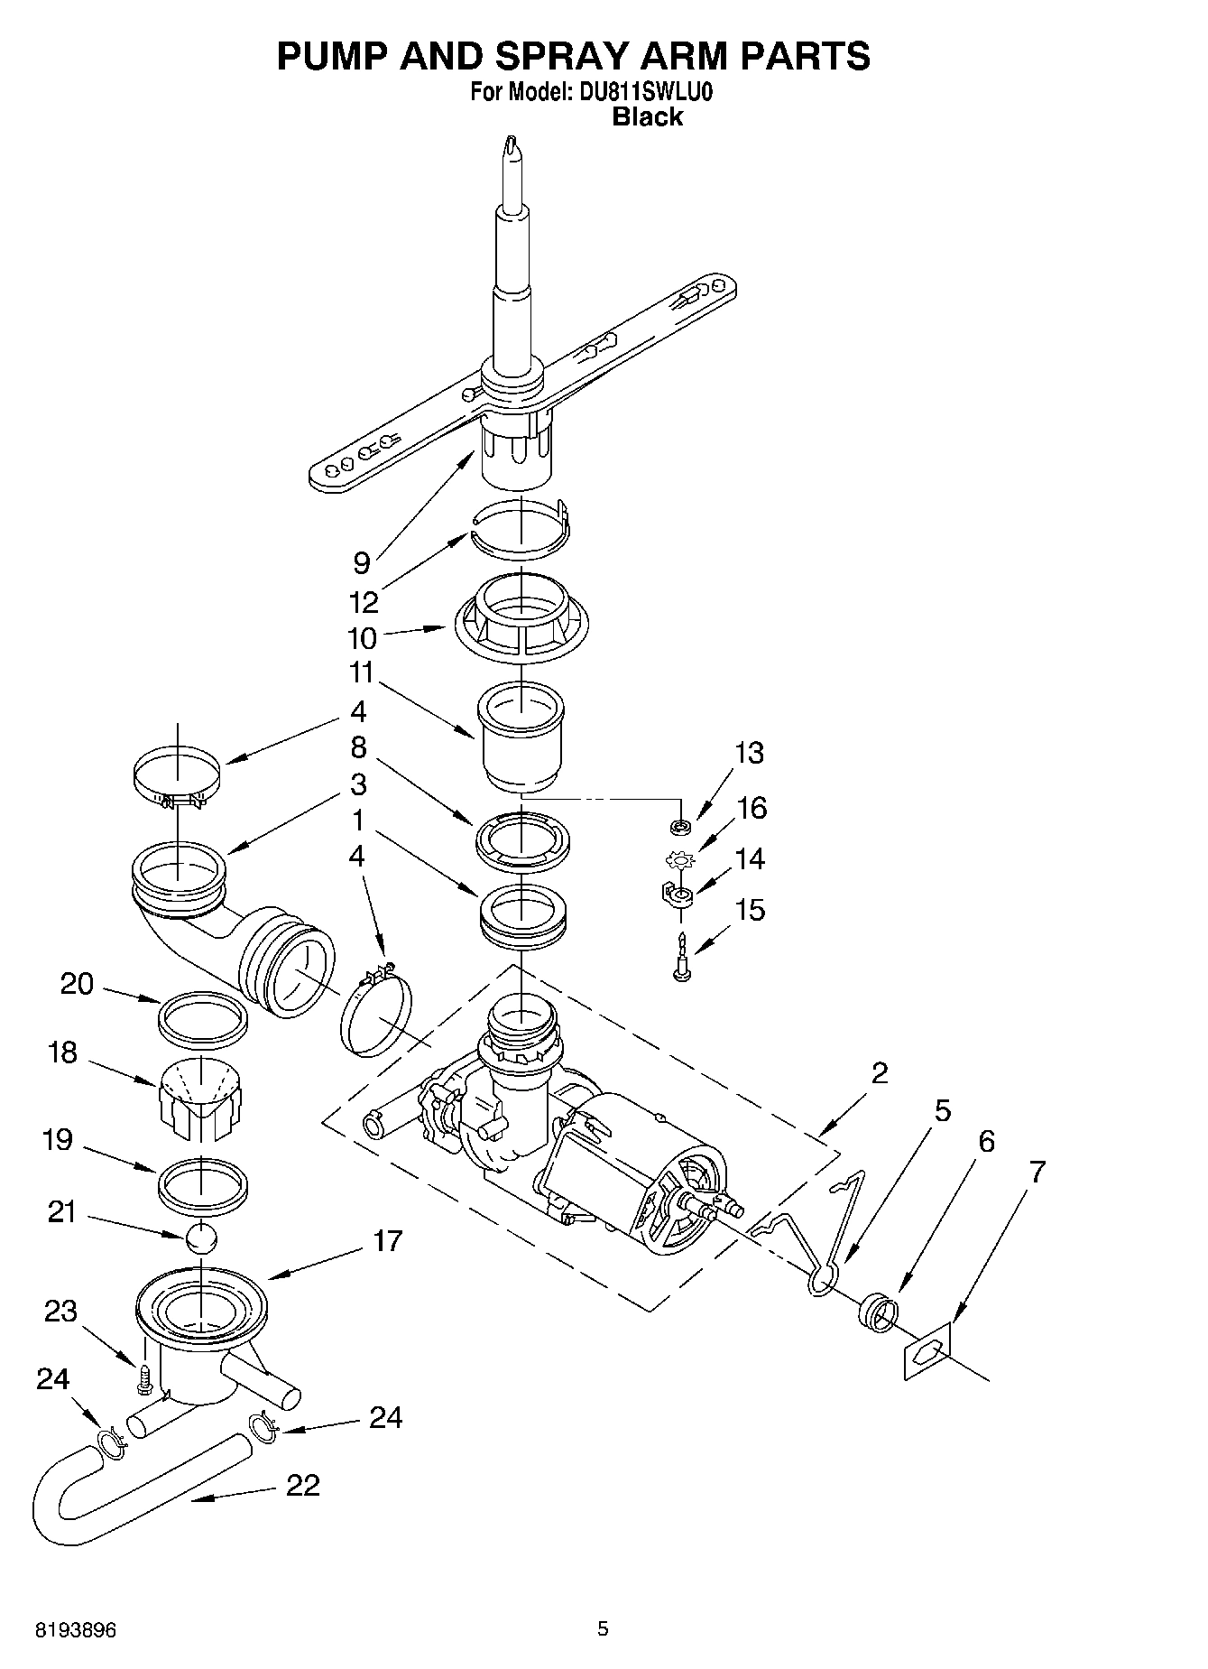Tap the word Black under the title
click(x=648, y=116)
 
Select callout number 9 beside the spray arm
click(x=361, y=563)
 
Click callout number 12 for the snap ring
click(x=364, y=601)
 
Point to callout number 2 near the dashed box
click(x=879, y=1072)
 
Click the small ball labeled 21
click(x=202, y=1238)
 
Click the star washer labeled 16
click(x=682, y=858)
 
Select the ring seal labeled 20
click(x=202, y=1017)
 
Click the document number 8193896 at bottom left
click(x=76, y=1630)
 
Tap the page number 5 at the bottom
click(x=604, y=1628)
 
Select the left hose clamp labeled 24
click(x=110, y=1442)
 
